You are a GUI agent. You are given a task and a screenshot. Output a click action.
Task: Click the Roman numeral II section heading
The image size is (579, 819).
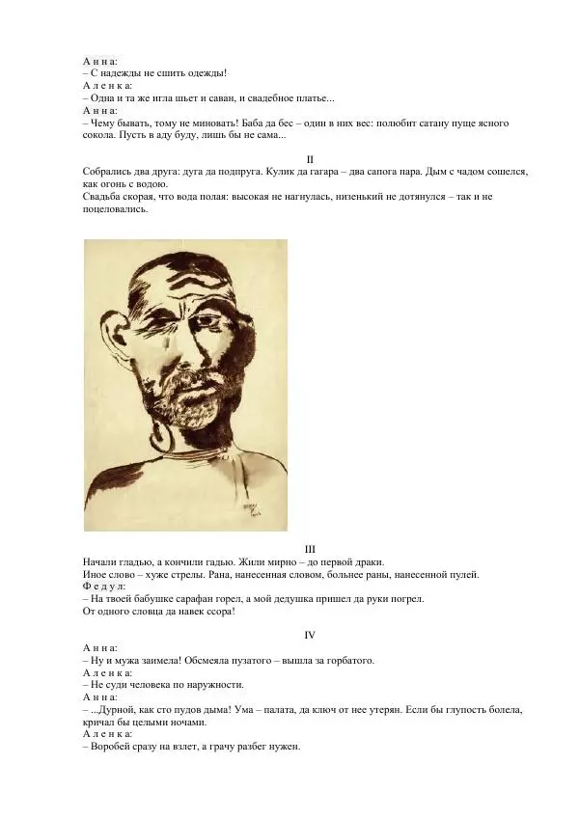pos(309,159)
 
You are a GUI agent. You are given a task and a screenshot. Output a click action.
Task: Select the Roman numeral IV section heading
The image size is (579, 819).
pos(310,635)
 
